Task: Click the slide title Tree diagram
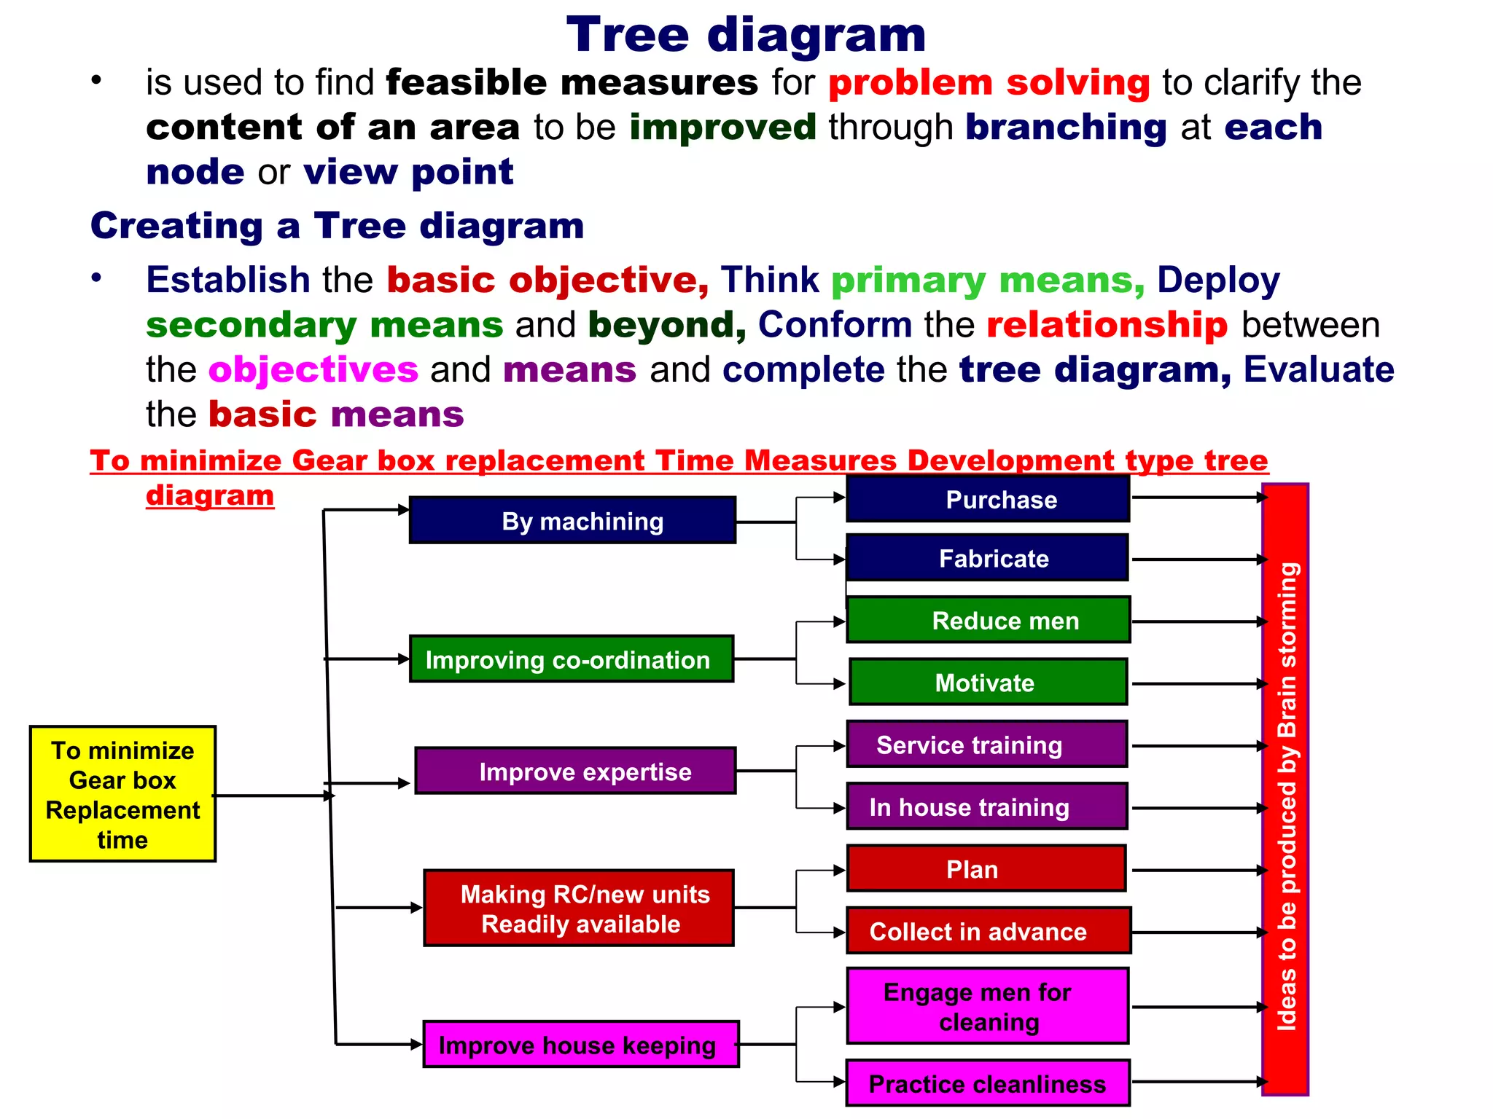pyautogui.click(x=746, y=35)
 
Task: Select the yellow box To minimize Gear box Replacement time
pyautogui.click(x=122, y=794)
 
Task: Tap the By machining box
pyautogui.click(x=572, y=520)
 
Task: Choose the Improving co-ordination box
pyautogui.click(x=572, y=659)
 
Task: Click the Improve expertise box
pyautogui.click(x=576, y=771)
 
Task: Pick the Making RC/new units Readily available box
pyautogui.click(x=579, y=908)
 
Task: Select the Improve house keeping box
pyautogui.click(x=581, y=1044)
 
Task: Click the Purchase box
pyautogui.click(x=988, y=499)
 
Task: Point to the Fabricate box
pyautogui.click(x=987, y=558)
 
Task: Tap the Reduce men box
pyautogui.click(x=989, y=620)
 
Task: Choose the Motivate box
pyautogui.click(x=988, y=682)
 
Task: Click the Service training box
pyautogui.click(x=987, y=745)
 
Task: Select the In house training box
pyautogui.click(x=987, y=806)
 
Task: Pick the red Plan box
pyautogui.click(x=986, y=868)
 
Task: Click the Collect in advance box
pyautogui.click(x=989, y=931)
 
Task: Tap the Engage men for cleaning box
pyautogui.click(x=988, y=1006)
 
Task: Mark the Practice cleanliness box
pyautogui.click(x=988, y=1083)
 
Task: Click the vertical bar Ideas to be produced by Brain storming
pyautogui.click(x=1285, y=790)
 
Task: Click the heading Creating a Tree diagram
pyautogui.click(x=337, y=226)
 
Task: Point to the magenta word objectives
pyautogui.click(x=313, y=369)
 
